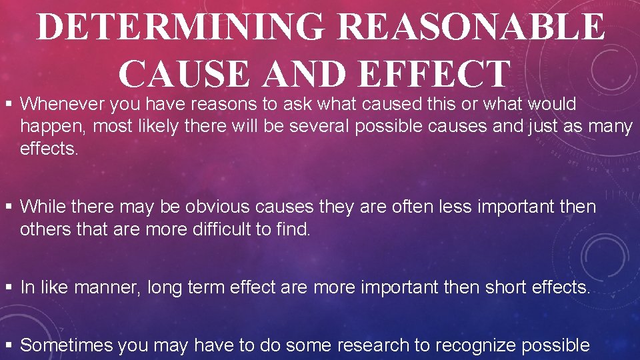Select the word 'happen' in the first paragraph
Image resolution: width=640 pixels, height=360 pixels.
click(46, 127)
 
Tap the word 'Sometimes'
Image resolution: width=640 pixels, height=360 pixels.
click(66, 345)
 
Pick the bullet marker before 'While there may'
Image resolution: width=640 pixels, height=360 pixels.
click(9, 207)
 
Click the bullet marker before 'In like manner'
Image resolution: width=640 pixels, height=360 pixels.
click(9, 287)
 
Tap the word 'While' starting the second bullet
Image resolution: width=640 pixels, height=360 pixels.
click(42, 207)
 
